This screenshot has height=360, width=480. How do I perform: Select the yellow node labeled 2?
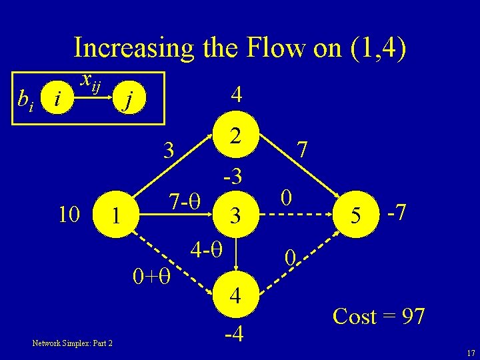point(234,137)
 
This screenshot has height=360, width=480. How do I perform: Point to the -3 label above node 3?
point(233,177)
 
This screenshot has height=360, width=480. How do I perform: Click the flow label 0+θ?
point(152,274)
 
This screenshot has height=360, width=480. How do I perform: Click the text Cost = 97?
point(378,316)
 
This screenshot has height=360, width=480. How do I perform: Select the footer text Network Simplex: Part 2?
point(72,343)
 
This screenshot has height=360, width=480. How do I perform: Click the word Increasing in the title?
point(133,47)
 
